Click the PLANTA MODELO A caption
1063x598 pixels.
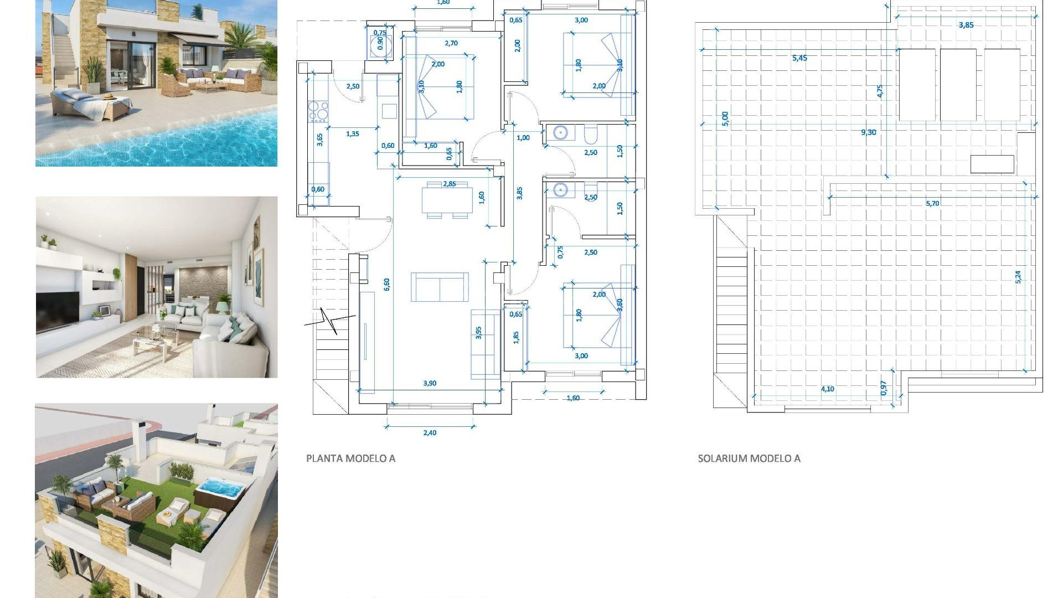click(350, 458)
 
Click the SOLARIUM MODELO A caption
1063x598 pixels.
click(749, 458)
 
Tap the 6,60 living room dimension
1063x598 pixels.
click(386, 284)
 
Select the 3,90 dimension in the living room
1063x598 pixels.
click(430, 383)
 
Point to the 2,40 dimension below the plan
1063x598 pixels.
click(430, 433)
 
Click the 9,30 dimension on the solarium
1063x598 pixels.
click(868, 132)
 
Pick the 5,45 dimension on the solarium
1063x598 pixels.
click(799, 58)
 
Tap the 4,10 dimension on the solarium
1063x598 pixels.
click(827, 389)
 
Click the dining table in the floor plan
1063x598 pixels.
click(447, 200)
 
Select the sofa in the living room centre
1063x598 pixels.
click(440, 287)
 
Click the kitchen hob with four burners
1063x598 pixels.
click(318, 111)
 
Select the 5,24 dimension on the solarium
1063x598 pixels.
click(1018, 277)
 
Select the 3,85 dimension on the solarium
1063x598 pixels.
click(966, 25)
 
